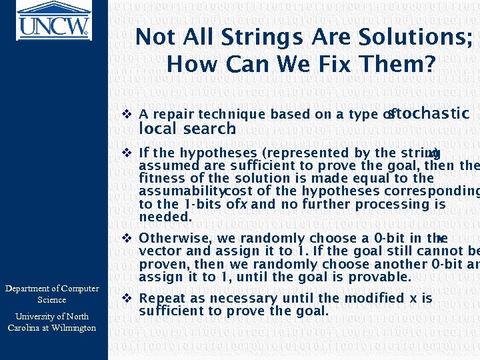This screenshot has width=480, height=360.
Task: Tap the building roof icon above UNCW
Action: point(53,9)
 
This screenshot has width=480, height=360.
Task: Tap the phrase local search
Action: point(187,129)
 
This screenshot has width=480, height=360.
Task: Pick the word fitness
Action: point(160,179)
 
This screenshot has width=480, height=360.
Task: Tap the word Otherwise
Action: point(175,239)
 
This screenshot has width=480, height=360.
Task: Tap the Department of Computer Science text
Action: point(52,294)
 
